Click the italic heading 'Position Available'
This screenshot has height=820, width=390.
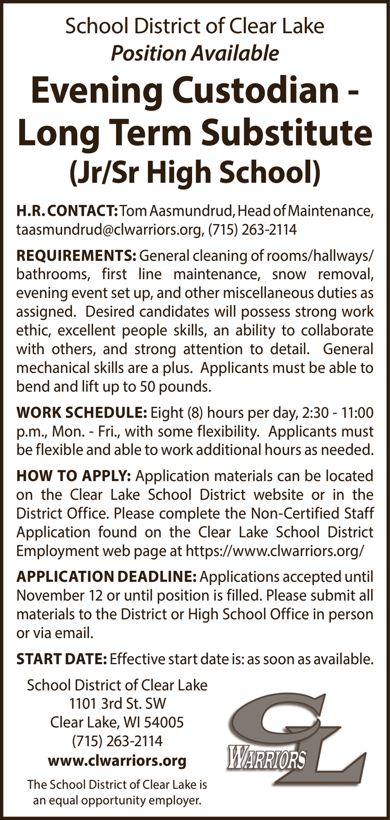click(x=195, y=53)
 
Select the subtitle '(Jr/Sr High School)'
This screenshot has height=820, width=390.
click(x=195, y=173)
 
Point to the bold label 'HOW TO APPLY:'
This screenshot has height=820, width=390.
click(x=73, y=476)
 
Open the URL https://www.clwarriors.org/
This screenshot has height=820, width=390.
click(x=275, y=551)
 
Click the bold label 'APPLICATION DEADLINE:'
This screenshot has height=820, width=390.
click(x=106, y=576)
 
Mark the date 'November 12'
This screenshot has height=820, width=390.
click(x=60, y=595)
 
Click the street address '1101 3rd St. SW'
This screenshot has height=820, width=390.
click(x=117, y=704)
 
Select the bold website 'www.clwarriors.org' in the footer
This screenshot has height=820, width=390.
click(x=117, y=761)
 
